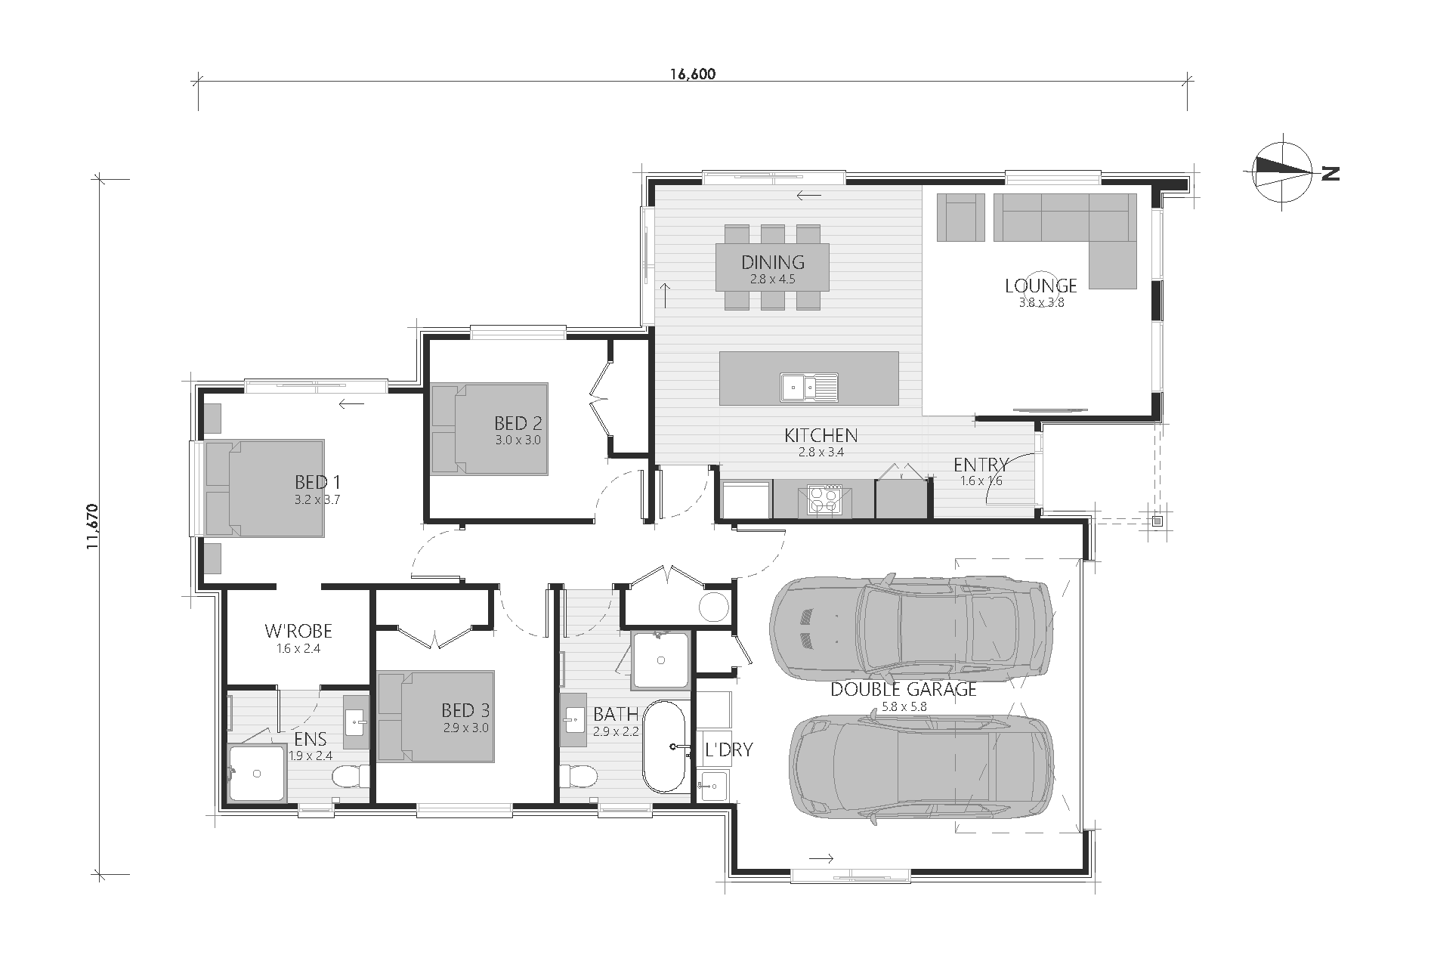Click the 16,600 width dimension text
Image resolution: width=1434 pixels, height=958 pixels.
coord(692,73)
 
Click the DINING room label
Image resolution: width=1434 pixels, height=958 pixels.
coord(772,262)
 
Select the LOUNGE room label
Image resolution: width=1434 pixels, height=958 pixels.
coord(1040,285)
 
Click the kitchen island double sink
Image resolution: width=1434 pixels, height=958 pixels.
coord(809,386)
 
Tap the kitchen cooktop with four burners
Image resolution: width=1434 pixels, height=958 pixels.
coord(823,499)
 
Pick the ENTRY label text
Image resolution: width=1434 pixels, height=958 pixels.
coord(981,465)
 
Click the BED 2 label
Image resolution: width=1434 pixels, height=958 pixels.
coord(518,423)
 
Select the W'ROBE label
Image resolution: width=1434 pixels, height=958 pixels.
coord(298,631)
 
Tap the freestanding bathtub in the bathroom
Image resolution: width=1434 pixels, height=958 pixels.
coord(664,746)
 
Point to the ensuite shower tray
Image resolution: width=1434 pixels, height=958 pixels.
coord(257,772)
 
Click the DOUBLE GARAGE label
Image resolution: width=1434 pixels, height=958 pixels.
coord(904,689)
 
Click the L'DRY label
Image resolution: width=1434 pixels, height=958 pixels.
coord(728,749)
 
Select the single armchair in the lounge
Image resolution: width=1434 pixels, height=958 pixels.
coord(960,217)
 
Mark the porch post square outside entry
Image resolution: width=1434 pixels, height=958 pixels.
coord(1157,520)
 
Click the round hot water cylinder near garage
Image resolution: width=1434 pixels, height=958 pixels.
coord(713,607)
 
